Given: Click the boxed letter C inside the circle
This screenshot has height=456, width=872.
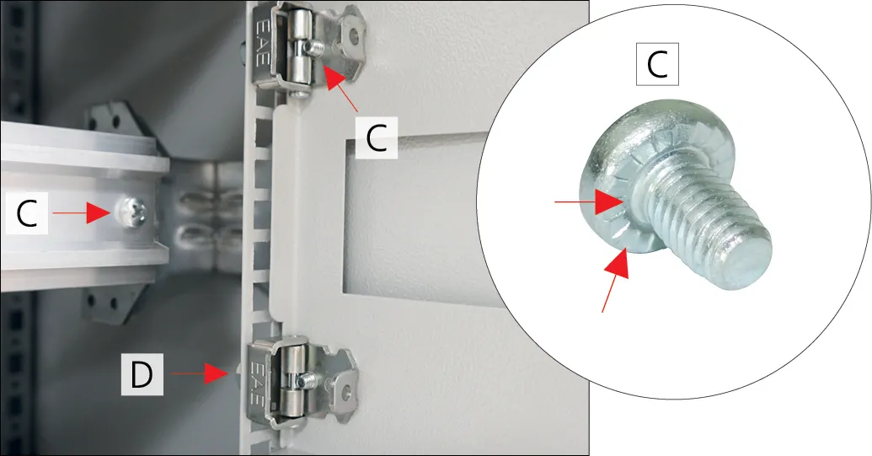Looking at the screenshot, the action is click(x=657, y=65).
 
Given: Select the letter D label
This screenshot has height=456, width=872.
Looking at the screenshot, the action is click(x=142, y=374).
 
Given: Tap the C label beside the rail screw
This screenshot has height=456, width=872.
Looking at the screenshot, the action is click(x=27, y=213).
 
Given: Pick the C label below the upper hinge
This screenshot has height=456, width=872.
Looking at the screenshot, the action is click(x=377, y=138).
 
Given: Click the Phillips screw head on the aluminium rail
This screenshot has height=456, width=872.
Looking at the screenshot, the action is click(x=133, y=212).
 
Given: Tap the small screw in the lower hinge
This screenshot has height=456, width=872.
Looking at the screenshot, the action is click(x=305, y=380).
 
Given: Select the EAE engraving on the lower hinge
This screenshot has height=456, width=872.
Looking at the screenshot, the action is click(x=259, y=384).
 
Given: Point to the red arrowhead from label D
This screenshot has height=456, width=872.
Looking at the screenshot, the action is click(x=217, y=373).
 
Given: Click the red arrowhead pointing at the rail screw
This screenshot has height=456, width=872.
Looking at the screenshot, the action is click(x=99, y=212).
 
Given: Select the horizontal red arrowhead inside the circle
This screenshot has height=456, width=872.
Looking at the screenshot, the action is click(x=609, y=201).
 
